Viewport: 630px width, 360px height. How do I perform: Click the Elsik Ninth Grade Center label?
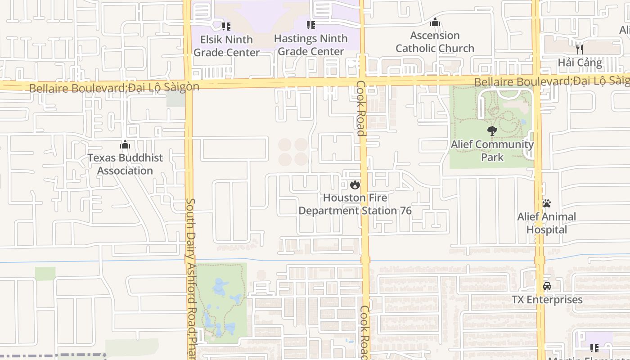pos(226,46)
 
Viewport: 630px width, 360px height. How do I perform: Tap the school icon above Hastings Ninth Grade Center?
pos(310,25)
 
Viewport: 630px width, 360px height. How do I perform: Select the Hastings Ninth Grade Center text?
pos(310,45)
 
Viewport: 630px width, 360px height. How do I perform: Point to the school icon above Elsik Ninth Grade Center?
pos(226,27)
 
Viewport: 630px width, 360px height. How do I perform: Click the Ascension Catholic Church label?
pos(435,42)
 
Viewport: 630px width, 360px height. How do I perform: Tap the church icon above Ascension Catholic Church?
pos(435,22)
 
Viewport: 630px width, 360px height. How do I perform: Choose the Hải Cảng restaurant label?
pos(580,63)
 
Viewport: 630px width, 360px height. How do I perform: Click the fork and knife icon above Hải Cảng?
pos(580,49)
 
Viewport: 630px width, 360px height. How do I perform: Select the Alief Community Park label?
pos(492,151)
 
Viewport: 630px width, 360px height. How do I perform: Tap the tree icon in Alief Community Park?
pos(492,131)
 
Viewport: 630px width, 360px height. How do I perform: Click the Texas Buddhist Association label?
pos(125,164)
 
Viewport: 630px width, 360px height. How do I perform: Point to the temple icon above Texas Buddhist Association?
pos(125,144)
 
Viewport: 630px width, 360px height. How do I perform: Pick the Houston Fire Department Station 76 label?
pos(355,204)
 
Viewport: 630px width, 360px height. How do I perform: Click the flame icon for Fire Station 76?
pos(355,184)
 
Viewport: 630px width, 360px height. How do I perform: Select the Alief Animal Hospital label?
pos(546,223)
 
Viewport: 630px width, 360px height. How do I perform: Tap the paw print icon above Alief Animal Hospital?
pos(546,203)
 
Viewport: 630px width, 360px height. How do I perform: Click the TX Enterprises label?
pos(547,300)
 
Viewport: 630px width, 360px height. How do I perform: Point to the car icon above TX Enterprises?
pos(547,286)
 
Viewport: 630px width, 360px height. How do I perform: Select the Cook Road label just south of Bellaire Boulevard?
pos(360,108)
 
